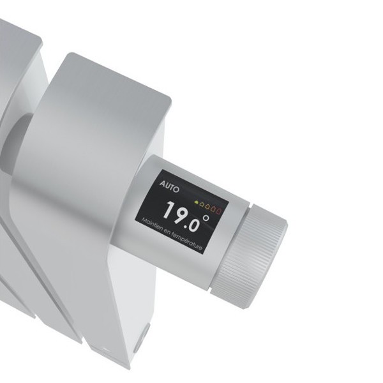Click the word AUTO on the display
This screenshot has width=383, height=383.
click(x=169, y=187)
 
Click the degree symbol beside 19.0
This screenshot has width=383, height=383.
click(x=206, y=218)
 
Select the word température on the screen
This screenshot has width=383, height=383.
click(x=187, y=241)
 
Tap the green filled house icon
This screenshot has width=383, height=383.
click(x=196, y=202)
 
